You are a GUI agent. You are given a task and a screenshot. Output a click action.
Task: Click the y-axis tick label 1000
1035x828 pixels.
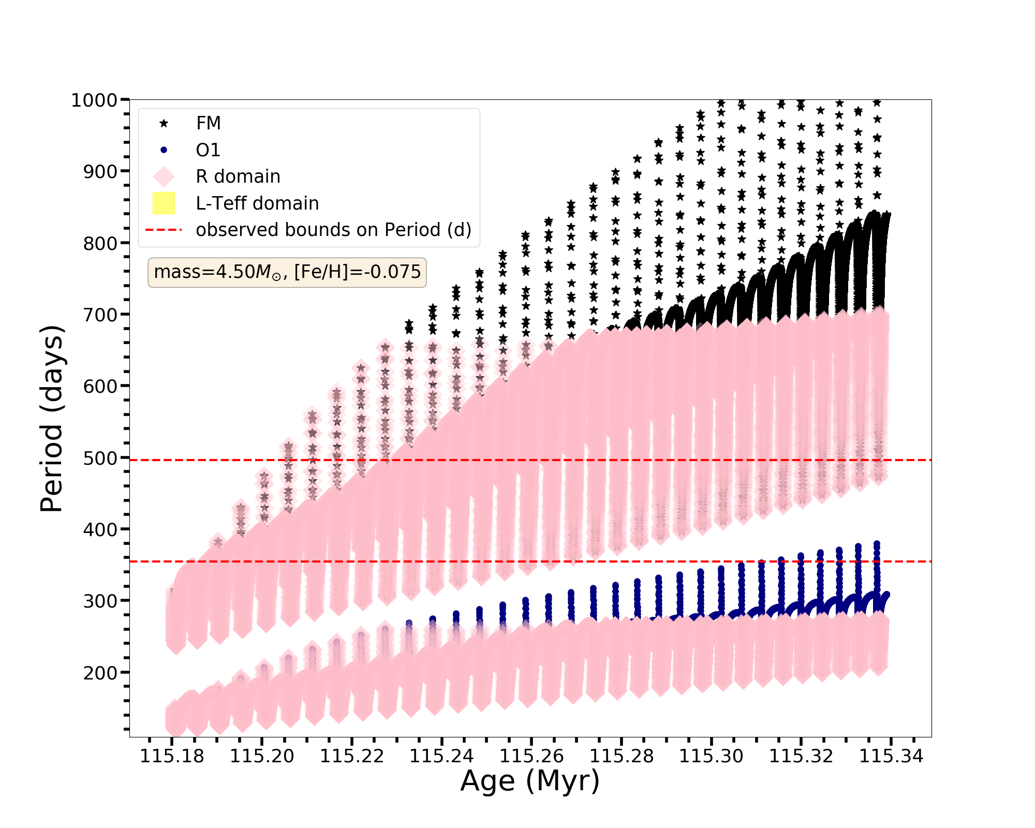pyautogui.click(x=95, y=100)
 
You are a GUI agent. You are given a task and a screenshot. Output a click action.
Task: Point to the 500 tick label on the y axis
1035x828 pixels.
pyautogui.click(x=100, y=459)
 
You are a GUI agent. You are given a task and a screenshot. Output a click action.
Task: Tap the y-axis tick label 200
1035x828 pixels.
pyautogui.click(x=100, y=673)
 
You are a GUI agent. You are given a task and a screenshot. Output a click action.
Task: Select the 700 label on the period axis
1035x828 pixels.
pyautogui.click(x=100, y=315)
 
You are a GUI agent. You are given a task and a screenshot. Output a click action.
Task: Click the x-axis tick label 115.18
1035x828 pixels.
pyautogui.click(x=172, y=757)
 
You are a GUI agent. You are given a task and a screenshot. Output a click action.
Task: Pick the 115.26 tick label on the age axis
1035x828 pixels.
pyautogui.click(x=531, y=757)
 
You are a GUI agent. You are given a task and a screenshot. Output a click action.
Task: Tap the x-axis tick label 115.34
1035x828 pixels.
pyautogui.click(x=891, y=757)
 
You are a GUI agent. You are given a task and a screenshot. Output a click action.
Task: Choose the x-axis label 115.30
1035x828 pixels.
pyautogui.click(x=711, y=757)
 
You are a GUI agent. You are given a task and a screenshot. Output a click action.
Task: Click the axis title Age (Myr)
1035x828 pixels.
pyautogui.click(x=530, y=781)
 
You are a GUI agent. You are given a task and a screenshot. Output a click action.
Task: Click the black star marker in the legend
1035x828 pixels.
pyautogui.click(x=164, y=123)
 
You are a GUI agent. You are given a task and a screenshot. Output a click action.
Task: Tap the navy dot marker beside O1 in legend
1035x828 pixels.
pyautogui.click(x=164, y=150)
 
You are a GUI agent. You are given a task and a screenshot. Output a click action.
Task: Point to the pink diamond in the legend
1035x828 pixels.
pyautogui.click(x=164, y=176)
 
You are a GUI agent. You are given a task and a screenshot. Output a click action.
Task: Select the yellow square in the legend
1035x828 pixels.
pyautogui.click(x=164, y=203)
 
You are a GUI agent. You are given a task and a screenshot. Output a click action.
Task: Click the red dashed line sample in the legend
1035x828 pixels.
pyautogui.click(x=164, y=230)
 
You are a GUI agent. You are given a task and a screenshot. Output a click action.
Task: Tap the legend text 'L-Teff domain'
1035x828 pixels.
pyautogui.click(x=257, y=203)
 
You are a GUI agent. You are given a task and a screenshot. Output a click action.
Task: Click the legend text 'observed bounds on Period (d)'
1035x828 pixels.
pyautogui.click(x=333, y=230)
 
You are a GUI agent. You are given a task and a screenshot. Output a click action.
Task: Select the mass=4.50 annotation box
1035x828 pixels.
pyautogui.click(x=287, y=272)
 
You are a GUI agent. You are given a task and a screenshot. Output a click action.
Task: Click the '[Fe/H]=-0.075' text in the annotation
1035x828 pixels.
pyautogui.click(x=358, y=272)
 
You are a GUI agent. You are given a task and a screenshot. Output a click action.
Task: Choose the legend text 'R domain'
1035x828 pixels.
pyautogui.click(x=238, y=176)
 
